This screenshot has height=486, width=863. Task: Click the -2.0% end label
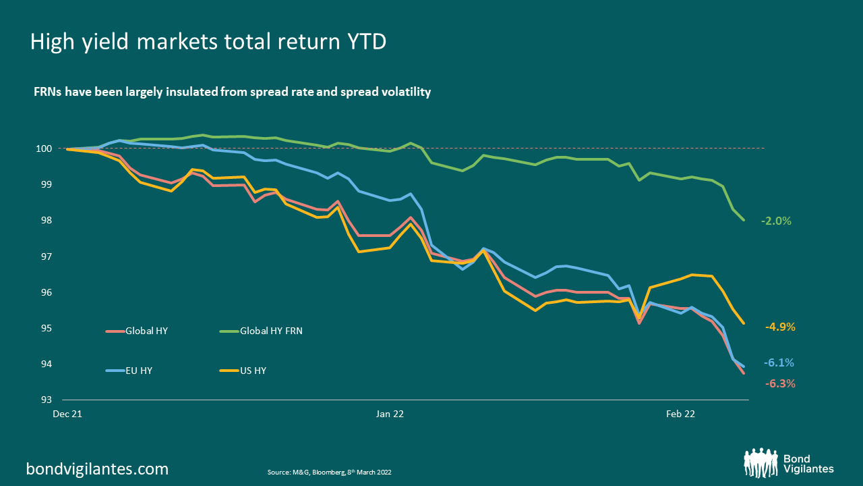pos(775,221)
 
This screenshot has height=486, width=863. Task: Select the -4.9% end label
pos(780,327)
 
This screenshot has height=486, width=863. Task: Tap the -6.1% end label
pos(779,363)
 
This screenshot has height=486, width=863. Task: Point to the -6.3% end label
pos(780,383)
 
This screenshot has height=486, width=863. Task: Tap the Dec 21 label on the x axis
pos(67,414)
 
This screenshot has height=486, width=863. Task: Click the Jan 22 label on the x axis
pos(390,414)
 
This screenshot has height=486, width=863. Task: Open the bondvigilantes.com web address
pos(97,468)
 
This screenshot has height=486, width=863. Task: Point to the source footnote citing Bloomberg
pos(330,473)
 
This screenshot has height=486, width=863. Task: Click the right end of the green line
pos(744,220)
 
